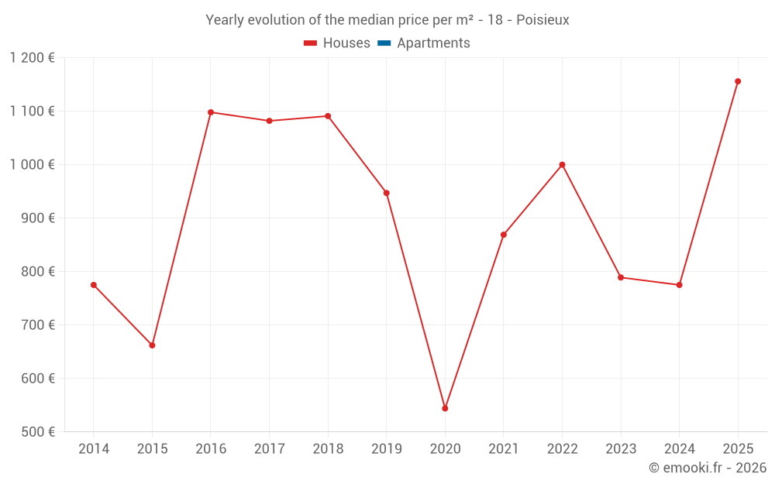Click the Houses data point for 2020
(x=445, y=408)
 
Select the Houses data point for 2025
(x=738, y=81)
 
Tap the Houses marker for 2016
(x=211, y=112)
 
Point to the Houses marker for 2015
(x=152, y=345)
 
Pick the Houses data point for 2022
(x=562, y=165)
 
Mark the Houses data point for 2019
(x=386, y=193)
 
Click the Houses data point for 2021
(x=504, y=235)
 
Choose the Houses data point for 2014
(x=94, y=285)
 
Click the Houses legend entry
(x=337, y=43)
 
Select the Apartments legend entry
(x=424, y=43)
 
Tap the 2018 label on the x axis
(x=328, y=449)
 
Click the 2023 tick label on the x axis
(x=621, y=449)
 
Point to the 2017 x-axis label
(x=269, y=449)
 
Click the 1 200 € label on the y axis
(x=33, y=58)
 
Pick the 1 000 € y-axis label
(x=33, y=165)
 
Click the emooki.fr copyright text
(x=707, y=468)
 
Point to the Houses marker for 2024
(x=679, y=285)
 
